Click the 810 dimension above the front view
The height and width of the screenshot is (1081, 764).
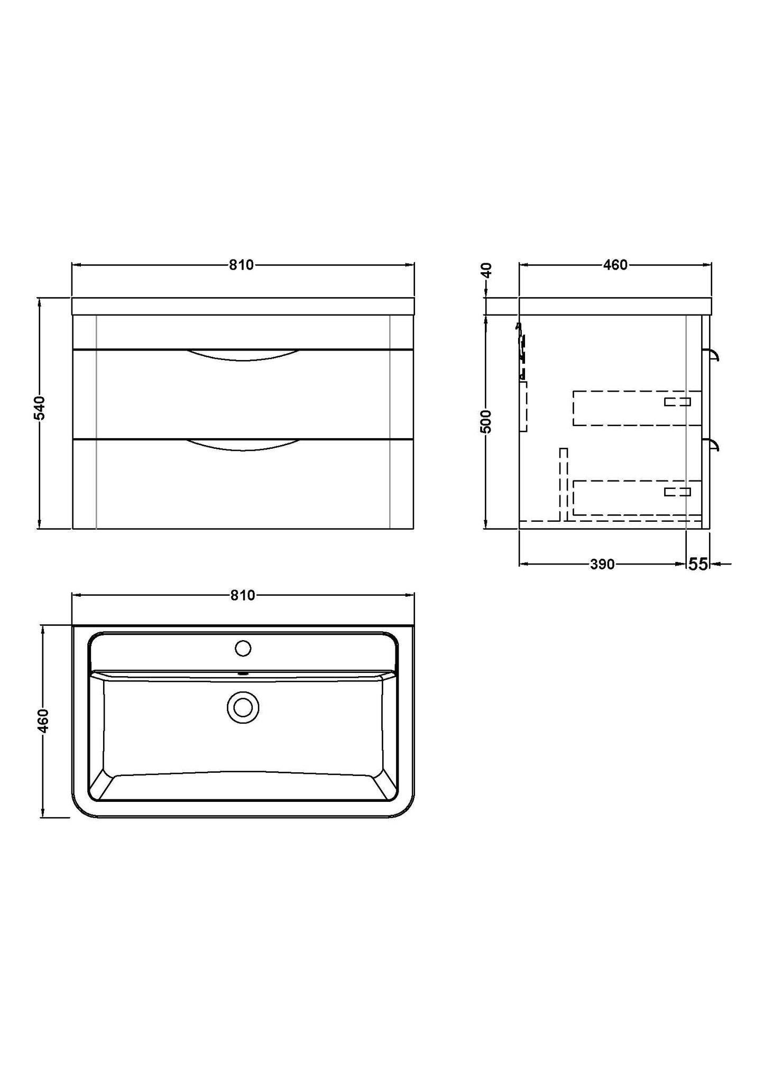242,265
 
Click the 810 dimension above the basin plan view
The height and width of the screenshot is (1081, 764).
243,596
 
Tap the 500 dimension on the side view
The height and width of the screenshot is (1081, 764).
486,421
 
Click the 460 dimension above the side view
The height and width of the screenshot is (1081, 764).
615,265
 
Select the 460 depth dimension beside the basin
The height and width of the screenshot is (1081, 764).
43,720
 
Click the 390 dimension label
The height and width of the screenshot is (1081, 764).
602,565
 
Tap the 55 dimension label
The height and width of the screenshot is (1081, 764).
697,565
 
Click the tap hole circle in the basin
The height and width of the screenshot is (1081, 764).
243,648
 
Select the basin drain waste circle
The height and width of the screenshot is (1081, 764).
243,707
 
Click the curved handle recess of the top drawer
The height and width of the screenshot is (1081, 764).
243,355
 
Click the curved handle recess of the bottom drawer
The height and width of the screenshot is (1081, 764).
243,445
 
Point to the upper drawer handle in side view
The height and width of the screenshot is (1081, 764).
713,354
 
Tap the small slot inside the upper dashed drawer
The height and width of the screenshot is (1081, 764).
677,402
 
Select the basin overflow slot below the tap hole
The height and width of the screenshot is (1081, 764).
243,673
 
